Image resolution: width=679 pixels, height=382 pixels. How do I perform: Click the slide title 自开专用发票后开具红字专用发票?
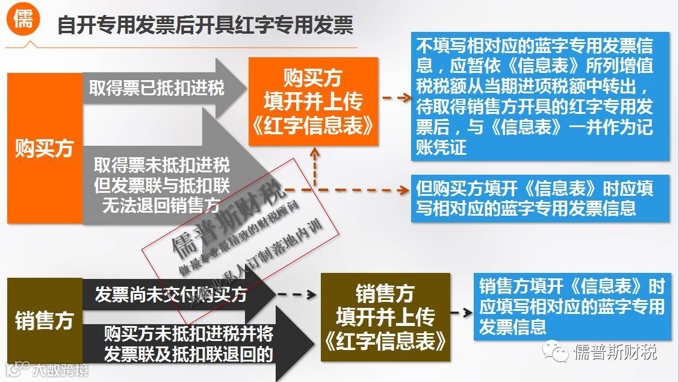[205, 25]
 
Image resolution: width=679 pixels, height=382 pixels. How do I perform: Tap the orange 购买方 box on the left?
[44, 148]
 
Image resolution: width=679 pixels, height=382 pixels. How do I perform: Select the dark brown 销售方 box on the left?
[44, 321]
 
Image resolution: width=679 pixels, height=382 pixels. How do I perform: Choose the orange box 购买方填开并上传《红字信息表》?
[313, 101]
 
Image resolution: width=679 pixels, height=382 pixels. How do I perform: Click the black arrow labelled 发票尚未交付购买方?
[171, 295]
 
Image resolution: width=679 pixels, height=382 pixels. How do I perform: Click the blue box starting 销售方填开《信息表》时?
[572, 306]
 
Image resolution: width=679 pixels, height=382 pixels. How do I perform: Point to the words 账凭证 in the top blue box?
[441, 147]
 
